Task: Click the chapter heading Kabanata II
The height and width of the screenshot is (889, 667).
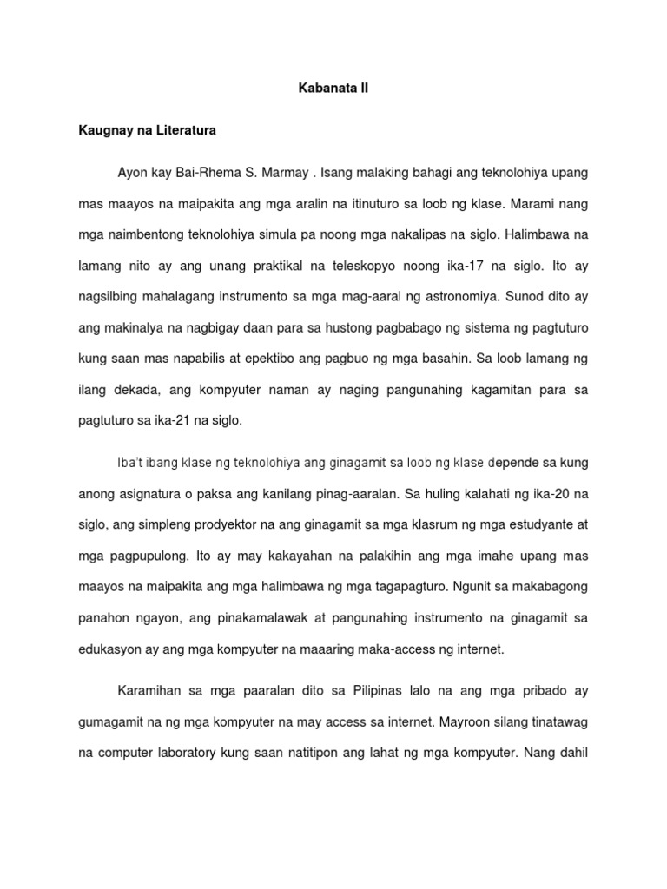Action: tap(333, 89)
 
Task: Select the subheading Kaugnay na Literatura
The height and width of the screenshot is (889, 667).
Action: tap(147, 131)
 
